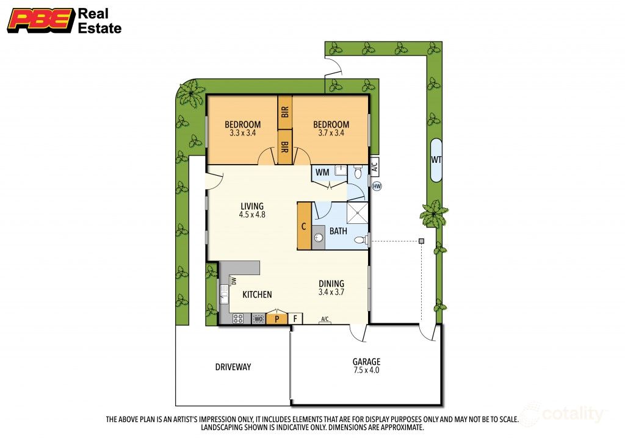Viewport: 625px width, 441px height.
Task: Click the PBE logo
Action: coord(40,20)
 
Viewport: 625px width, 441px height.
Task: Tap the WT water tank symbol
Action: coord(436,160)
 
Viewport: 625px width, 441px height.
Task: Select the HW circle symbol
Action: coord(377,186)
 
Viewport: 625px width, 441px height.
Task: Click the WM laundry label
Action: coord(322,173)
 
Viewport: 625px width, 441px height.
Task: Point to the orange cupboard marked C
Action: coord(304,226)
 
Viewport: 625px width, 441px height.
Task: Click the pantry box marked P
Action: coord(276,318)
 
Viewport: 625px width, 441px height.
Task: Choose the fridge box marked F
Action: coord(295,318)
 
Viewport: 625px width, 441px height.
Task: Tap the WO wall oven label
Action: coord(259,318)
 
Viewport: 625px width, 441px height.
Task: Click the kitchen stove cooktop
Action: coord(239,318)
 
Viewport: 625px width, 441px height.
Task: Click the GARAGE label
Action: coord(366,361)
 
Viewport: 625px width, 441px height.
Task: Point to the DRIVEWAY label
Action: coord(233,367)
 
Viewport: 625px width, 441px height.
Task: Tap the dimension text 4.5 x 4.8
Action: coord(252,215)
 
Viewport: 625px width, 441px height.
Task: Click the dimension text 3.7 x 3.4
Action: coord(333,133)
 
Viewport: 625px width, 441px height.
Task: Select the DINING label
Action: coord(331,284)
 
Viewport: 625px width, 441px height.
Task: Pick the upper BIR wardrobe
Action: coord(284,112)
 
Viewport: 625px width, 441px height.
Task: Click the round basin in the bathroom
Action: coord(318,237)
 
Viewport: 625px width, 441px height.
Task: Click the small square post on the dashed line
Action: coord(421,241)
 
